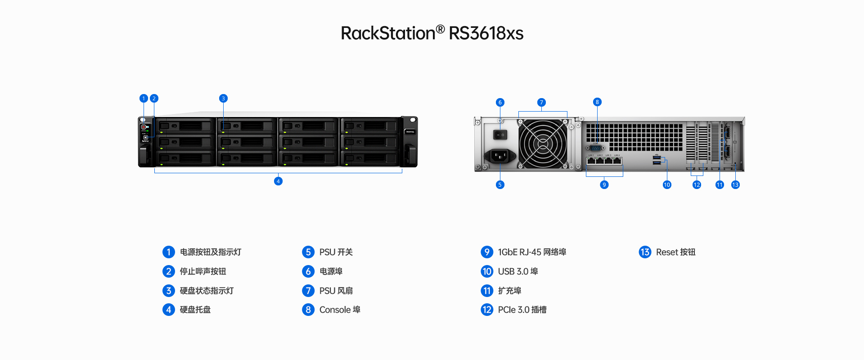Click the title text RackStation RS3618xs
(432, 33)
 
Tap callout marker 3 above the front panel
(223, 99)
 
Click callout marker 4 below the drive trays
(278, 181)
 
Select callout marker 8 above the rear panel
(597, 102)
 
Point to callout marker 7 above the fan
(541, 103)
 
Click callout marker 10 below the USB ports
(667, 184)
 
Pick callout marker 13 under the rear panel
(735, 184)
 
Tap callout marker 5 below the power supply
(500, 184)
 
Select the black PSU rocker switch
(500, 135)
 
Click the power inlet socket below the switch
(499, 156)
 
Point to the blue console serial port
(595, 148)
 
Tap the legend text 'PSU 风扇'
(336, 291)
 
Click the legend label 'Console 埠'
(340, 310)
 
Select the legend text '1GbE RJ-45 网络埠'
(532, 252)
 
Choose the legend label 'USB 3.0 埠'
(518, 271)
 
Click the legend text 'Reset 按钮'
(675, 252)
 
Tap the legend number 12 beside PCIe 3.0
(487, 310)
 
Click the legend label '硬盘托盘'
(195, 310)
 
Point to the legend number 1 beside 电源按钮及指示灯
(168, 252)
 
